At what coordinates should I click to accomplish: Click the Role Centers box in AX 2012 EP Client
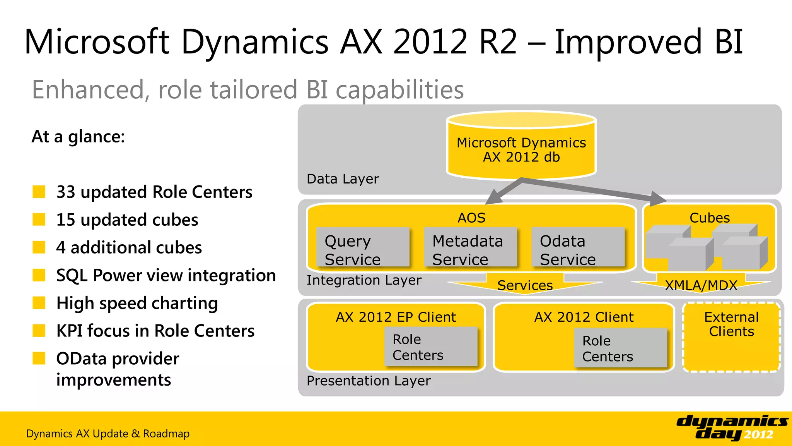coord(431,347)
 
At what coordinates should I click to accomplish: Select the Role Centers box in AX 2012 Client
coord(620,348)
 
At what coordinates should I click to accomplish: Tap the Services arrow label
coord(525,285)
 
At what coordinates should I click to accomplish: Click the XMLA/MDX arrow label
coord(701,285)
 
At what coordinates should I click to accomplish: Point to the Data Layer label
coord(343,179)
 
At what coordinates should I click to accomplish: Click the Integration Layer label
coord(364,280)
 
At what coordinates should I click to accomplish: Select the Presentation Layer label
coord(368,381)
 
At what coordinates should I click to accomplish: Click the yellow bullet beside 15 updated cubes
coord(39,219)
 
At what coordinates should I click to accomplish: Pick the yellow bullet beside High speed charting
coord(39,303)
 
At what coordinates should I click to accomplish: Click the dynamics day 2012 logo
coord(732,427)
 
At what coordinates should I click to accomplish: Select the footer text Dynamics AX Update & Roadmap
coord(108,434)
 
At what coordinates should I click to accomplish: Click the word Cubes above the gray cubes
coord(710,218)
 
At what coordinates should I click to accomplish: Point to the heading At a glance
coord(78,136)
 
